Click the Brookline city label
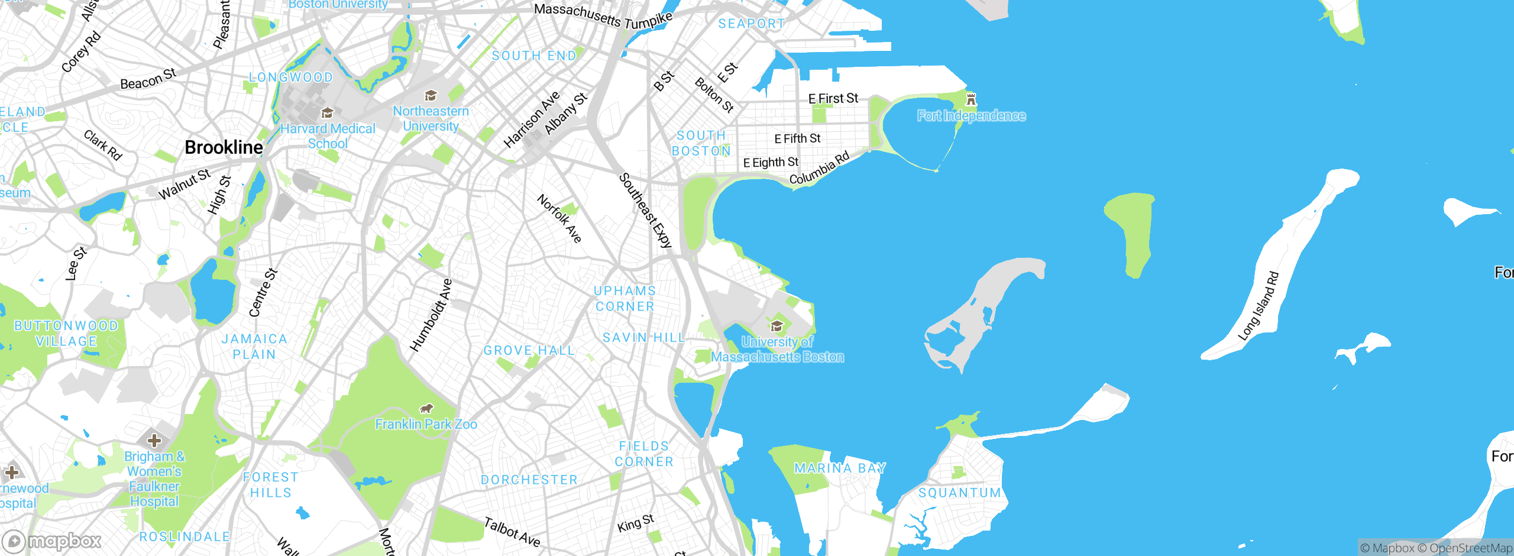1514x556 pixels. pos(224,147)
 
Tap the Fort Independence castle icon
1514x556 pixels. pos(970,99)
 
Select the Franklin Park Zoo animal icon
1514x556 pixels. pos(426,408)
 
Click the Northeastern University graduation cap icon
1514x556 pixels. pos(431,96)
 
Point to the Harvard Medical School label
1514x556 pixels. pos(328,136)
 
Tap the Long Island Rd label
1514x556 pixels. pos(1259,306)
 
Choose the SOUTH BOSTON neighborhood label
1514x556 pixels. pos(701,143)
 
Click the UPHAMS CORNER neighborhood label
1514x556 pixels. pos(625,299)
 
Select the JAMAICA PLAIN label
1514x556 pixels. pos(254,347)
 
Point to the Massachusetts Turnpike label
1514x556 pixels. pos(603,16)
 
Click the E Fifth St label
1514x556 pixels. pos(797,138)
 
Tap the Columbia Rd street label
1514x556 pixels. pos(820,168)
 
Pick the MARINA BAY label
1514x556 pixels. pos(840,468)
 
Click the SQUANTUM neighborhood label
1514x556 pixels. pos(960,493)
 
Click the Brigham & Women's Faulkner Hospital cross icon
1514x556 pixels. pos(154,441)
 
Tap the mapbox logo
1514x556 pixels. pos(52,541)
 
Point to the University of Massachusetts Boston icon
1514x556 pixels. pos(777,326)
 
